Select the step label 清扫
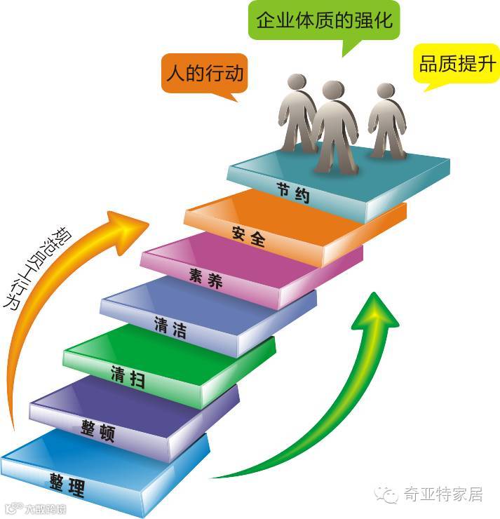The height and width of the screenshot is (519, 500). coord(128,377)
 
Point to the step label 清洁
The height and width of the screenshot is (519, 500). coord(170,326)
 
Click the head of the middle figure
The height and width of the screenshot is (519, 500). coord(332,91)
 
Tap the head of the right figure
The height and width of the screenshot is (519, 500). coord(385,91)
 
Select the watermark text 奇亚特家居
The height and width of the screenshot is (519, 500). coord(442,494)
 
